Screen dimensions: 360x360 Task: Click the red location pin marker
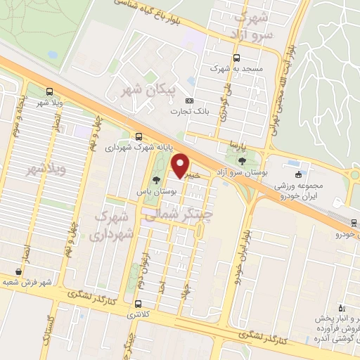181,166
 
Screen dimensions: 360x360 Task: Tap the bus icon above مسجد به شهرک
236,58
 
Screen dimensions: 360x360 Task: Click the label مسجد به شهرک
236,70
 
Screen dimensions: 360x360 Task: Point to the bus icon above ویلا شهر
49,91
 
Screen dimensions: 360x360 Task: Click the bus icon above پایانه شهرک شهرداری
139,137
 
